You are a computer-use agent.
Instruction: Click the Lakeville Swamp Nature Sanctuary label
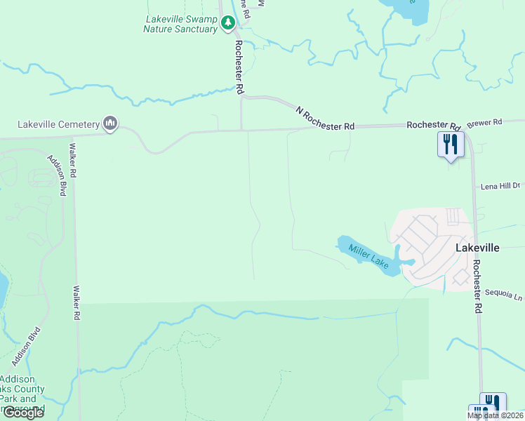pyautogui.click(x=182, y=24)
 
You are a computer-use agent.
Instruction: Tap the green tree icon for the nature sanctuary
pyautogui.click(x=227, y=24)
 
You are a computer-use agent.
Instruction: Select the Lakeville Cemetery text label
pyautogui.click(x=59, y=125)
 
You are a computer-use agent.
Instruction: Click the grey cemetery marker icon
pyautogui.click(x=109, y=124)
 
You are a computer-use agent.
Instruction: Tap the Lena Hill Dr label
pyautogui.click(x=500, y=186)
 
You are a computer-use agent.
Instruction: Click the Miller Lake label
pyautogui.click(x=368, y=255)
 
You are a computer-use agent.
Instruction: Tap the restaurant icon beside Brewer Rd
pyautogui.click(x=450, y=145)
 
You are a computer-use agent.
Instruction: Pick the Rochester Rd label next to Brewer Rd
pyautogui.click(x=433, y=125)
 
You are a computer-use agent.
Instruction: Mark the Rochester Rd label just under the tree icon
pyautogui.click(x=239, y=67)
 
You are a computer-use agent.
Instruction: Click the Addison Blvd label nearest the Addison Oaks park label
pyautogui.click(x=26, y=347)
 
